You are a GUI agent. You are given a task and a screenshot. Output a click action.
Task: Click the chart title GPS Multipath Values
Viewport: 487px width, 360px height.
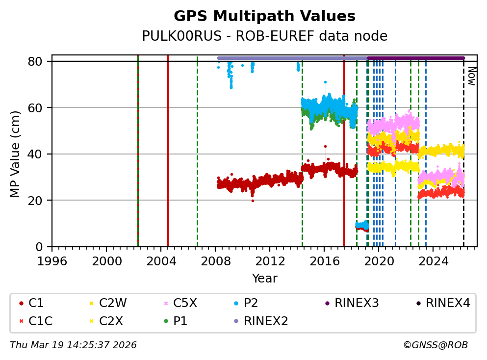click(x=264, y=16)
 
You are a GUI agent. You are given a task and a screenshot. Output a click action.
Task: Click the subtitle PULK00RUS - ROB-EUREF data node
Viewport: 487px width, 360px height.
click(x=264, y=36)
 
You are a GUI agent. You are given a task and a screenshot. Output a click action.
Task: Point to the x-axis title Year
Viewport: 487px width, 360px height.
click(x=264, y=279)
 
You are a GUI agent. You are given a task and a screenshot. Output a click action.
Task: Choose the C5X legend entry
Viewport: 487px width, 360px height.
click(x=182, y=303)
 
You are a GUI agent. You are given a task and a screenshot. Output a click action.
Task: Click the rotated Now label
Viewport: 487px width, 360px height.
click(x=471, y=76)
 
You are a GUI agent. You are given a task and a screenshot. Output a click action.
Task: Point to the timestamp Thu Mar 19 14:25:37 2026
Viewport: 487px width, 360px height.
click(x=73, y=345)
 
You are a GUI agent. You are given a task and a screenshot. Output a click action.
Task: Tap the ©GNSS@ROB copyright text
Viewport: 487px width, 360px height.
click(x=435, y=345)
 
